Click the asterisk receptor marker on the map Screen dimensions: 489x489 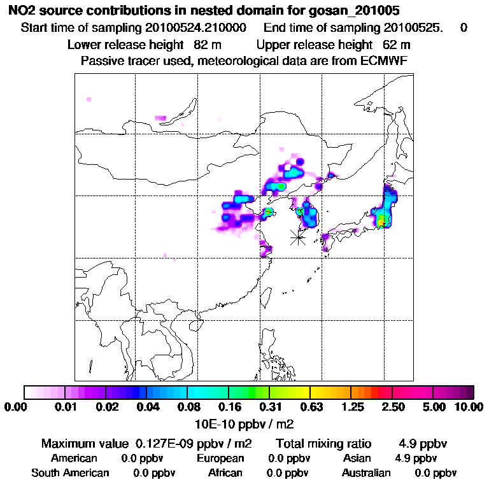[297, 237]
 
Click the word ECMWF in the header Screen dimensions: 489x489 [385, 60]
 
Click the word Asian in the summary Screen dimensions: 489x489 [357, 458]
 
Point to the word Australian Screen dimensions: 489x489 [366, 473]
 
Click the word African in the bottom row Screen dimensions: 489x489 [225, 473]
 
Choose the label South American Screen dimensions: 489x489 [70, 473]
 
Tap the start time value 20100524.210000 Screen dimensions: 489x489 [197, 28]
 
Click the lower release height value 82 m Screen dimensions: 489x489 [207, 45]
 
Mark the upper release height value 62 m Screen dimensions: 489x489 [396, 45]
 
